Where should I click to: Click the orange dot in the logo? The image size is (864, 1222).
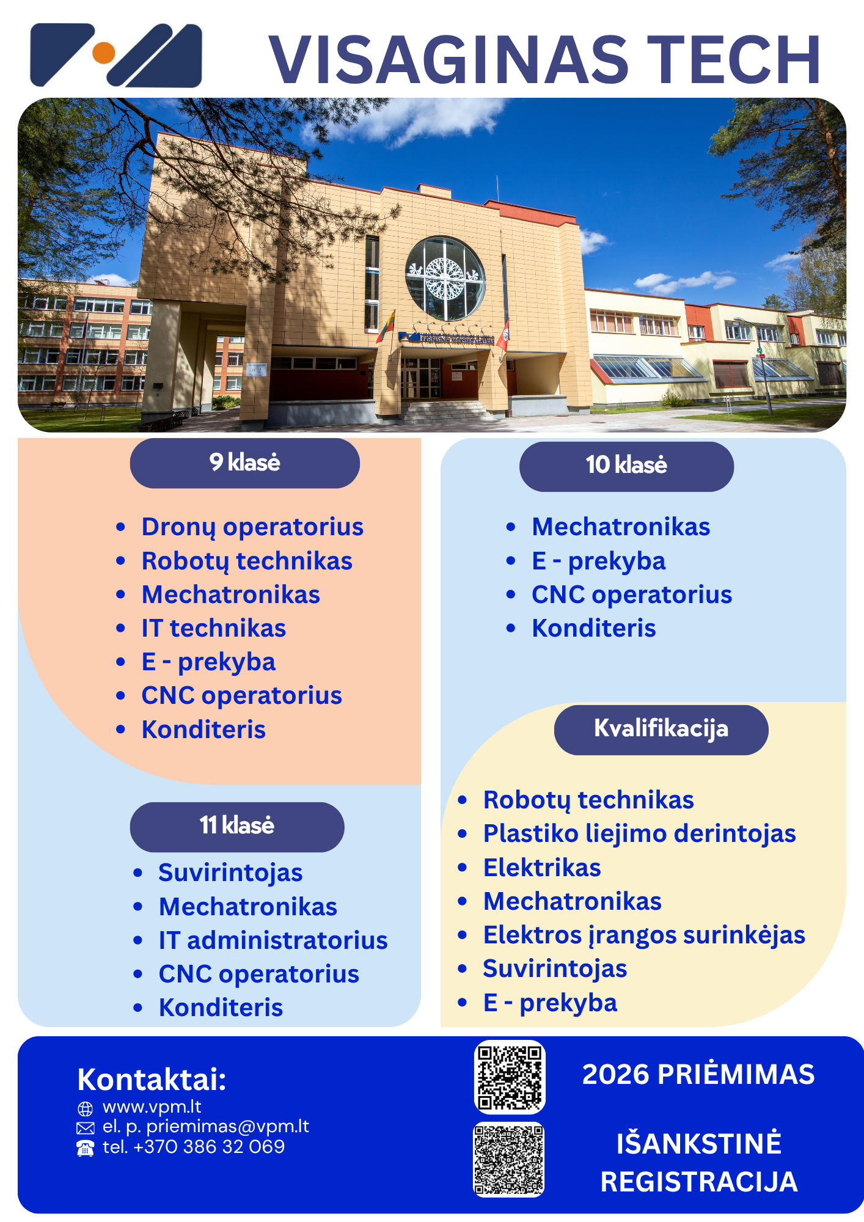[x=104, y=53]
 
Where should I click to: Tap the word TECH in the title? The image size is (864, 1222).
[x=733, y=60]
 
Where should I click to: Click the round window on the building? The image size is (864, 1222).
[x=445, y=279]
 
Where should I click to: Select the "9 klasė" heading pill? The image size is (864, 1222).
[x=244, y=463]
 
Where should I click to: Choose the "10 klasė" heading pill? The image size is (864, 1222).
[x=626, y=466]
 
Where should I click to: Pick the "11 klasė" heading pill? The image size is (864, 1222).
[x=237, y=827]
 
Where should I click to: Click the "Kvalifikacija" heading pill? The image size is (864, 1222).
[x=661, y=730]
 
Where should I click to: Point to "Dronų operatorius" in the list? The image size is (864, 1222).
[x=252, y=527]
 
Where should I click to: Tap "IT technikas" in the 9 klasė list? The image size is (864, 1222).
[x=214, y=628]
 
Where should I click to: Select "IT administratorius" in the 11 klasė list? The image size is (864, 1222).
[x=273, y=940]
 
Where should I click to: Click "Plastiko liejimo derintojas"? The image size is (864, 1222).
[x=640, y=834]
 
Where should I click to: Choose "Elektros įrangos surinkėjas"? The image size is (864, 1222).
[x=644, y=935]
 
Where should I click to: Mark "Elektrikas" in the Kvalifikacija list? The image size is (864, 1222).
[x=542, y=868]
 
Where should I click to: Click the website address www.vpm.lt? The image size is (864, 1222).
[x=152, y=1107]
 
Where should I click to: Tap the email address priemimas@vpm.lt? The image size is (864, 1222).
[x=228, y=1126]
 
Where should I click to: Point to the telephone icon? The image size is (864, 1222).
[x=85, y=1148]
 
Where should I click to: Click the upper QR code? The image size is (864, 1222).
[x=510, y=1077]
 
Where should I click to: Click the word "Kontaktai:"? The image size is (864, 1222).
[x=152, y=1080]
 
